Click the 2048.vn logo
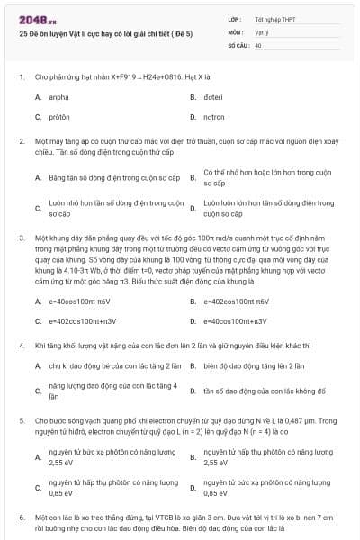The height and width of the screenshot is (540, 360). (38, 18)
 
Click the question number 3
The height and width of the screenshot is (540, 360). (22, 238)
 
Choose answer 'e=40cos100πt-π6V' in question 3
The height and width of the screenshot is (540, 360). (79, 301)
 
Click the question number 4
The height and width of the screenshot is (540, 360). (22, 345)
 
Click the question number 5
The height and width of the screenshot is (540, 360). (22, 419)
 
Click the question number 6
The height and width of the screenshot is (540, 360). (22, 518)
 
